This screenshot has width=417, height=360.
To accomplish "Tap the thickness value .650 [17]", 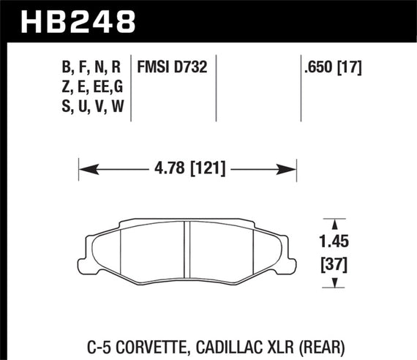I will [x=334, y=68].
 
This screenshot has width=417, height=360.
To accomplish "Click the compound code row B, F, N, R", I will [x=91, y=68].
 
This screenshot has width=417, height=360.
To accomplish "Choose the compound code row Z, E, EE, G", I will [x=91, y=86].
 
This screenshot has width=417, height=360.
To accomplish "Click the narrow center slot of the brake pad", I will [x=187, y=247].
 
